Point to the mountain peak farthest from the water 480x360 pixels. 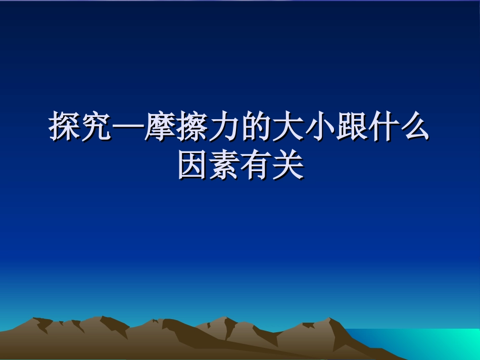pos(35,319)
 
